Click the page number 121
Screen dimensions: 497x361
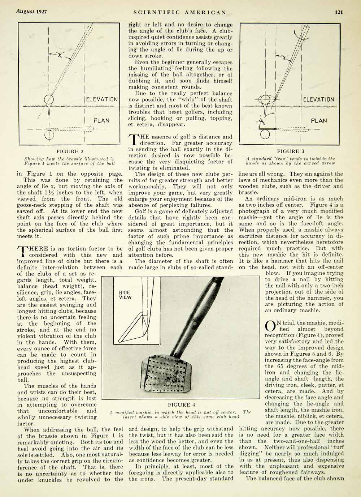(x=339, y=12)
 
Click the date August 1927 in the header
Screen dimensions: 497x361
(x=31, y=12)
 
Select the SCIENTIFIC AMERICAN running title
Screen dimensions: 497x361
(x=180, y=12)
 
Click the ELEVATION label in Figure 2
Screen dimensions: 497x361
(x=101, y=99)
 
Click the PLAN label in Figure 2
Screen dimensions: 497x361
(x=101, y=120)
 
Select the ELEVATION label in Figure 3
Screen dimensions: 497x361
(x=319, y=99)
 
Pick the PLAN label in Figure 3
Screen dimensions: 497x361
(x=319, y=120)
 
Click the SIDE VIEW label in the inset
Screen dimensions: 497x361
(x=125, y=295)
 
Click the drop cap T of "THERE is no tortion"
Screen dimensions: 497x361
(x=22, y=252)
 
